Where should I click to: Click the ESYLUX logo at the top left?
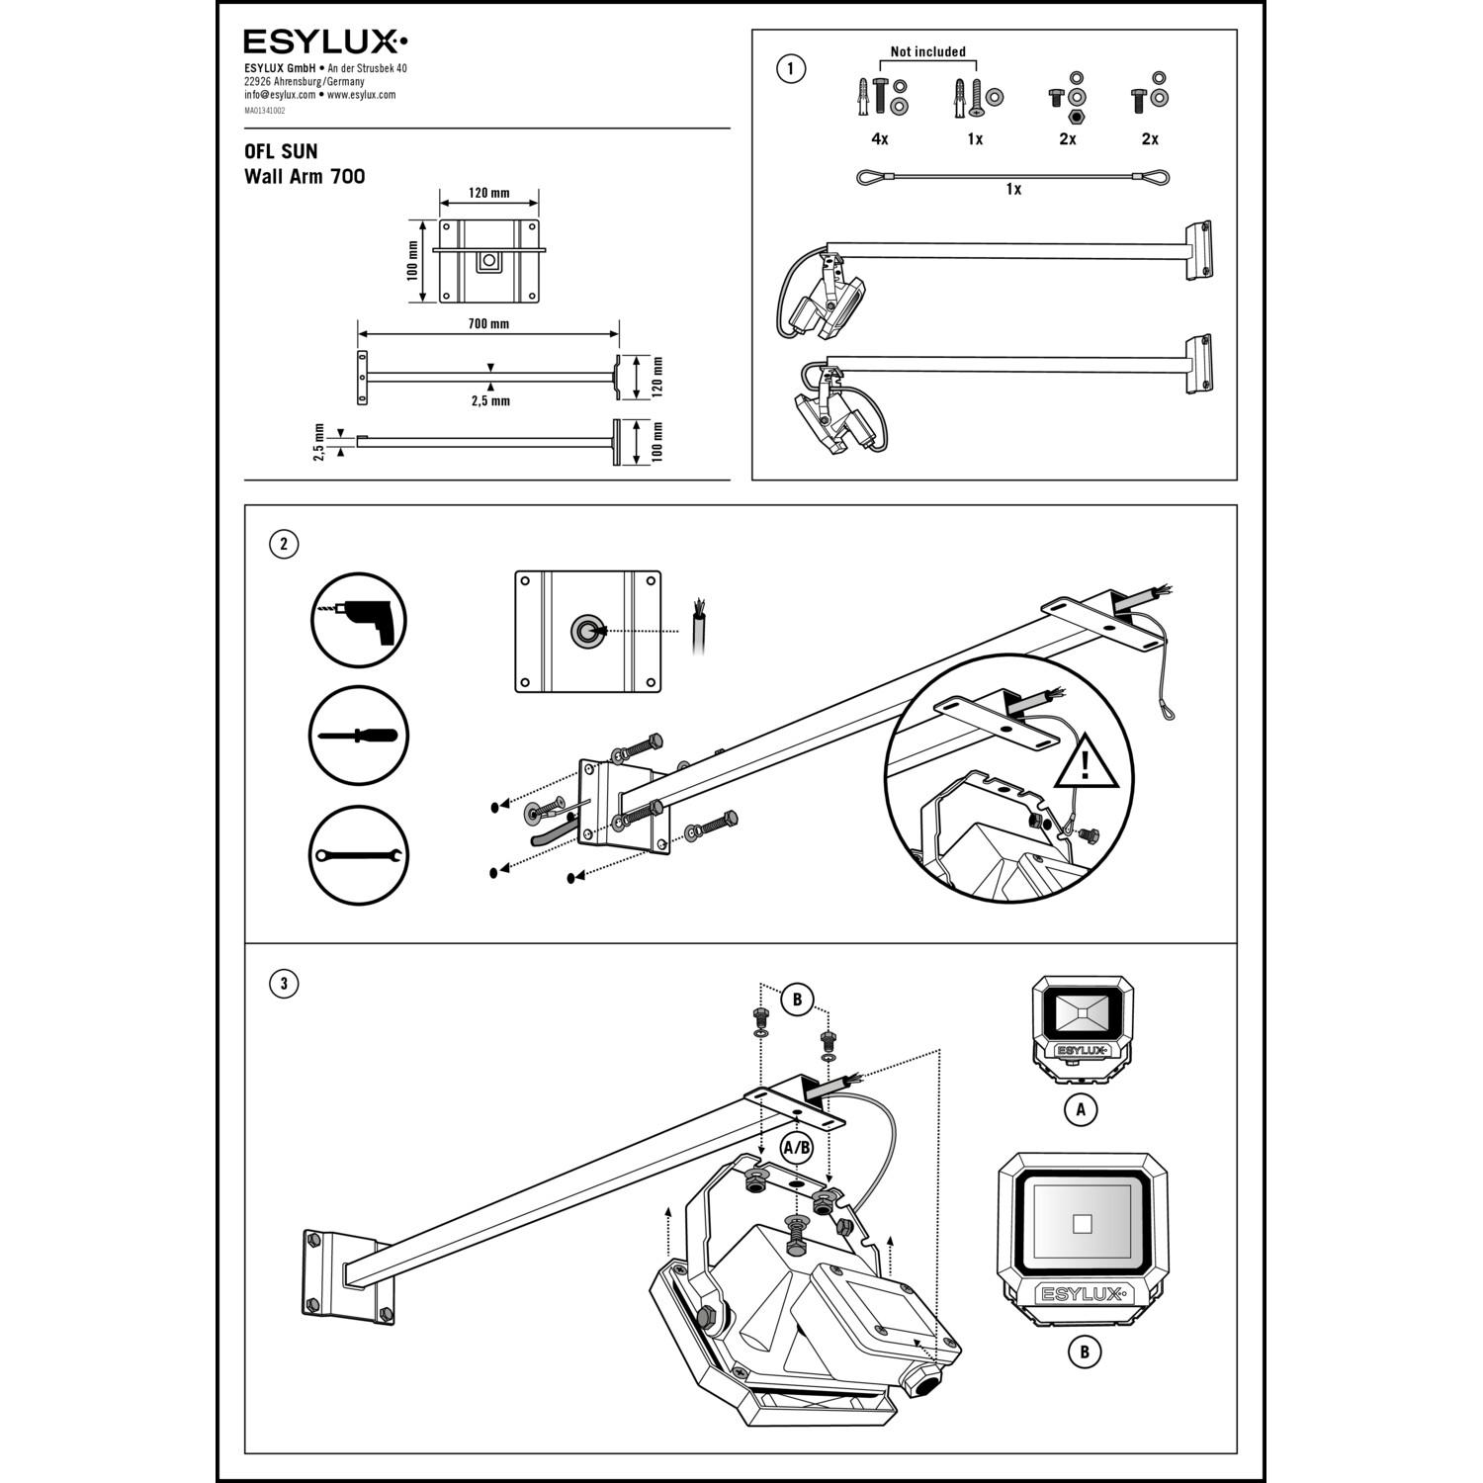(325, 42)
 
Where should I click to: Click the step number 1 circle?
(791, 69)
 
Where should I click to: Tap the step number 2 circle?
(284, 544)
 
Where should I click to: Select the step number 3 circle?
(284, 984)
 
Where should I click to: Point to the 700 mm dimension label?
(488, 324)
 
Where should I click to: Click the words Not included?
(927, 52)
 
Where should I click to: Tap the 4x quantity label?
(880, 139)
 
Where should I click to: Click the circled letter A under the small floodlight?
(1081, 1109)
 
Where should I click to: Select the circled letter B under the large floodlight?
(1085, 1352)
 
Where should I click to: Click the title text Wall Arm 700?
(305, 177)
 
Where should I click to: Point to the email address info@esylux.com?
(280, 95)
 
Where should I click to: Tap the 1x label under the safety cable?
(1013, 189)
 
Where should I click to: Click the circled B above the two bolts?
(797, 1000)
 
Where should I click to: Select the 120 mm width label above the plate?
(488, 193)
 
